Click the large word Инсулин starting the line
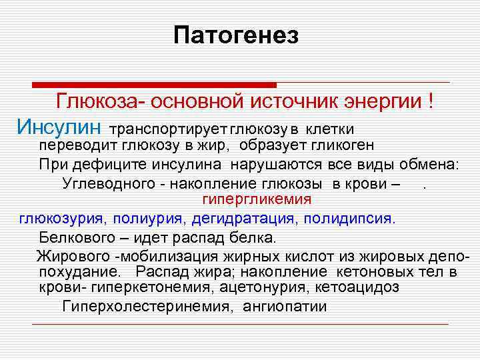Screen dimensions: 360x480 coord(60,126)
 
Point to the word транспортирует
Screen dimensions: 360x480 coord(169,128)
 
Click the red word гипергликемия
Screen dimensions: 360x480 coord(257,199)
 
